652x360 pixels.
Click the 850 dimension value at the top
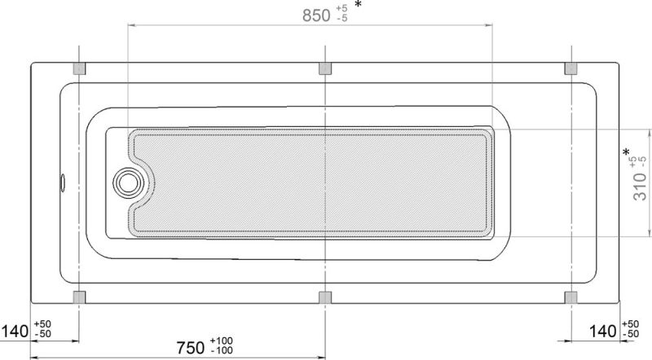[x=316, y=15]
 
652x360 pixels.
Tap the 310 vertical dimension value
[x=640, y=187]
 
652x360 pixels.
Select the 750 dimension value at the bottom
[x=191, y=348]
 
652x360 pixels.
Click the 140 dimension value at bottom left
[x=15, y=331]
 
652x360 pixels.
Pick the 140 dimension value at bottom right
[x=603, y=331]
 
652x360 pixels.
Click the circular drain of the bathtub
[x=129, y=183]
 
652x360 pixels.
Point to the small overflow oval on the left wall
[x=63, y=183]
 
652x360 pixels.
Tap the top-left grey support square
[x=79, y=68]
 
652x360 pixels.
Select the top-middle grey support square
[x=325, y=68]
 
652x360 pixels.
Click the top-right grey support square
[x=571, y=68]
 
